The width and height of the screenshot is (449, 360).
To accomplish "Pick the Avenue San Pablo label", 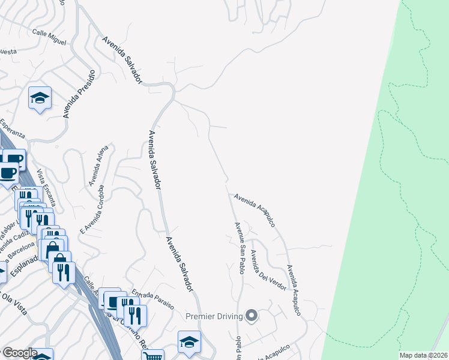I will pyautogui.click(x=240, y=248).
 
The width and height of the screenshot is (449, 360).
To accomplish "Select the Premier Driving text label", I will pyautogui.click(x=214, y=316).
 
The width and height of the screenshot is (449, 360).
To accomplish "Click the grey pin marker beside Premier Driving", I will pyautogui.click(x=252, y=316).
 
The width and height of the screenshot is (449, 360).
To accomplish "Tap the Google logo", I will pyautogui.click(x=19, y=353).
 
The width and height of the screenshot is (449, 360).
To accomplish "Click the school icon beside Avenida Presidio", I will pyautogui.click(x=40, y=98).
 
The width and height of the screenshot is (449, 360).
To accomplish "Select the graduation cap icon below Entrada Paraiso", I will pyautogui.click(x=189, y=342).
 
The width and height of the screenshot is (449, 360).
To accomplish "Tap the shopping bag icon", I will pyautogui.click(x=52, y=248).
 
